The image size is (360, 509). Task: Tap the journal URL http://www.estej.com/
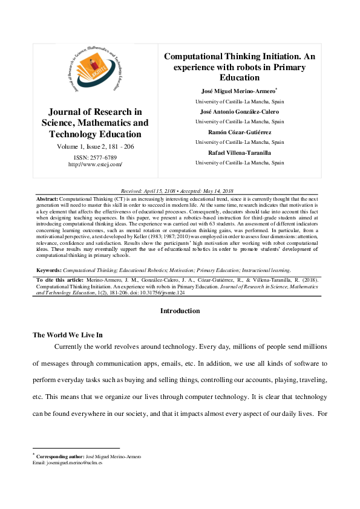[x=95, y=164]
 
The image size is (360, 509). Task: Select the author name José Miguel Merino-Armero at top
[x=238, y=91]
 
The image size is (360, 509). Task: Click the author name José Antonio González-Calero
[x=240, y=112]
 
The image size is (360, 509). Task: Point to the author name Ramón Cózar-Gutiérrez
[x=240, y=132]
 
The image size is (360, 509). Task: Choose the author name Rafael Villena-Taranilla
[x=240, y=152]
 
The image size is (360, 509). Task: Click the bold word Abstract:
[x=47, y=199]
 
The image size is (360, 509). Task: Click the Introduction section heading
[x=180, y=311]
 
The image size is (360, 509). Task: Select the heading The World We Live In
[x=67, y=334]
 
